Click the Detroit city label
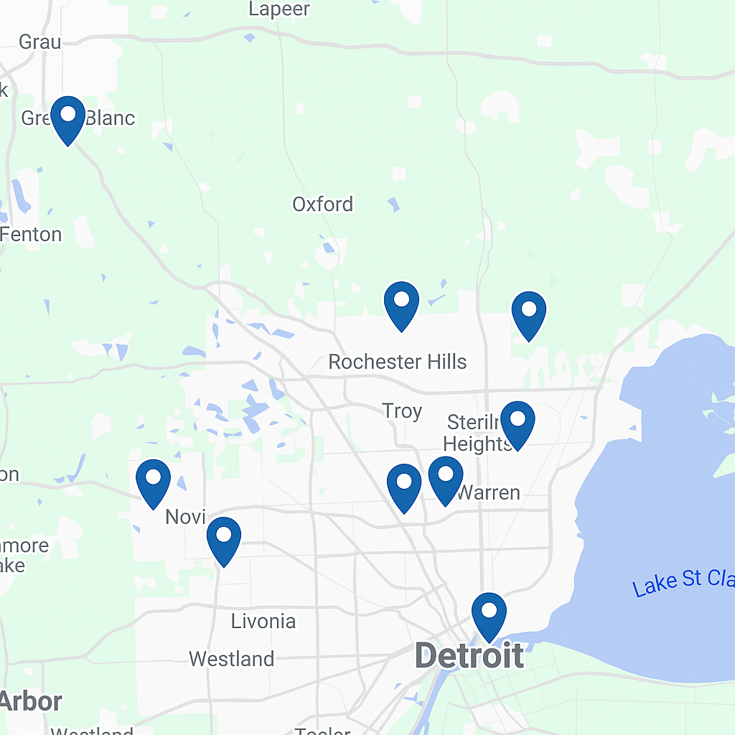[469, 656]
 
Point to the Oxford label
[323, 205]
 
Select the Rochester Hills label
[397, 362]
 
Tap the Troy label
[402, 411]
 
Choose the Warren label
[488, 493]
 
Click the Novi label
[186, 517]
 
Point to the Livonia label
[263, 622]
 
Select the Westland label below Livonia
[231, 659]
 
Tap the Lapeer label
[279, 9]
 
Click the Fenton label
[32, 235]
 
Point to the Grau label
[39, 42]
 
